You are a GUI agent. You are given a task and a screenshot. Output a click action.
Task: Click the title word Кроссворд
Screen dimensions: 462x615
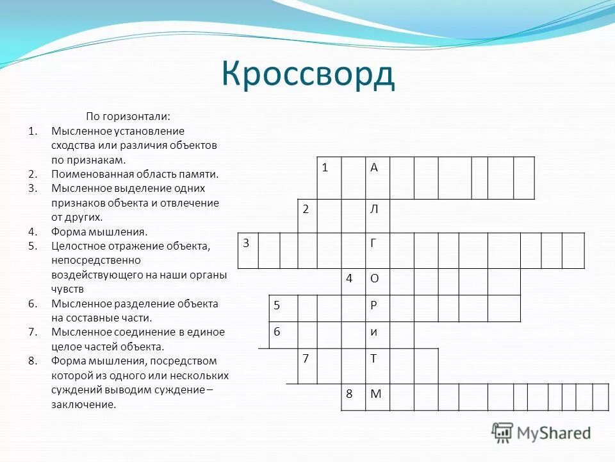308,74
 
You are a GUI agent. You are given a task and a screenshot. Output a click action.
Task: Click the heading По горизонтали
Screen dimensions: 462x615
128,116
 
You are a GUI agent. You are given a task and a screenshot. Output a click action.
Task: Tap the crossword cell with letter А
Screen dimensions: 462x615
377,178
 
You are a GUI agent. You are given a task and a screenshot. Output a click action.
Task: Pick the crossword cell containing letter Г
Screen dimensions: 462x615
377,250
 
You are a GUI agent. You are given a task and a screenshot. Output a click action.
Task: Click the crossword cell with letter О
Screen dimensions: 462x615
377,278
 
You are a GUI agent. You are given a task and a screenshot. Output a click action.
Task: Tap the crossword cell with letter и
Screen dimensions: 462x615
377,332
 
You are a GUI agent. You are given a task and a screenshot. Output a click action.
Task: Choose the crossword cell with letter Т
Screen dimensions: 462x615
377,359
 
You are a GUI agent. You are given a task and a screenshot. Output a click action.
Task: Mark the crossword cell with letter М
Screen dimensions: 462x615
377,394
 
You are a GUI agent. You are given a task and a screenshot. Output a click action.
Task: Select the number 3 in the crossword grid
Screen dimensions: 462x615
246,243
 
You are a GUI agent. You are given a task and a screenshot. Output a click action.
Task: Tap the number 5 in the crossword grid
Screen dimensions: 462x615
277,305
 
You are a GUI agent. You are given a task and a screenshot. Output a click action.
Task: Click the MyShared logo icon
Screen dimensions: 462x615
503,433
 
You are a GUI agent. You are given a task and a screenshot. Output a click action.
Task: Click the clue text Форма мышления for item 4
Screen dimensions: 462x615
99,232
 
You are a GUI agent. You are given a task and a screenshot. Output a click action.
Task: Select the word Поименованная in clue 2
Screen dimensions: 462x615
83,174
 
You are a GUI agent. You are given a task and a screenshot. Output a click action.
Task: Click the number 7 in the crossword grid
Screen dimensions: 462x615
307,359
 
